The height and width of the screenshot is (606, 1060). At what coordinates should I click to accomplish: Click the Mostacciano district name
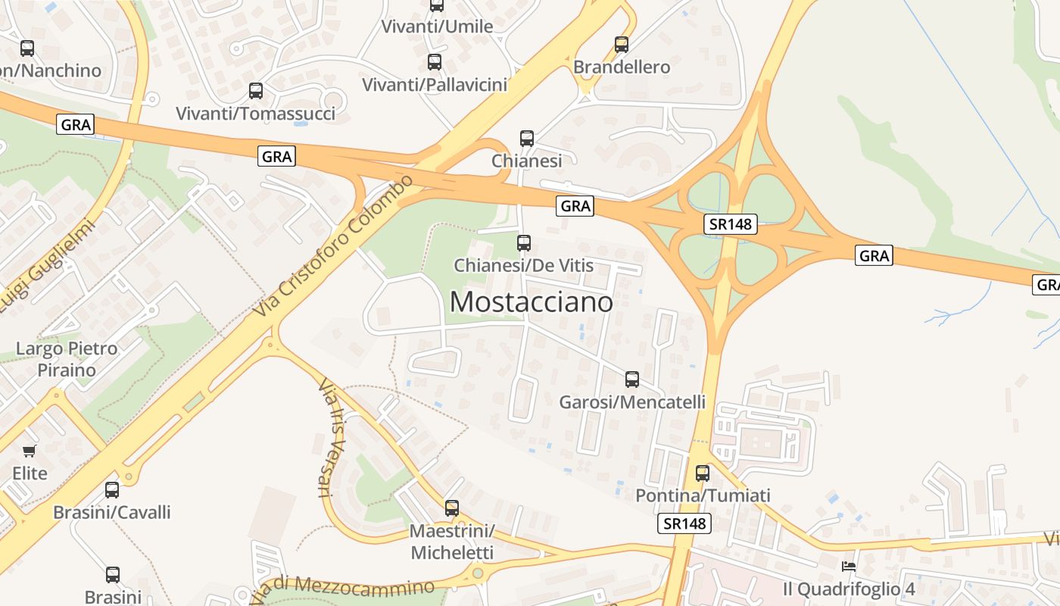point(531,301)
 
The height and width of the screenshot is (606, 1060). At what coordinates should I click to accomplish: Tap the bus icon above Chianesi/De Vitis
point(523,243)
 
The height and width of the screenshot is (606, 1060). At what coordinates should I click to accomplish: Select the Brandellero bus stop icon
point(622,45)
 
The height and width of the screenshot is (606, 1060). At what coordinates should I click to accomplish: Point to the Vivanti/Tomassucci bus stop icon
point(256,91)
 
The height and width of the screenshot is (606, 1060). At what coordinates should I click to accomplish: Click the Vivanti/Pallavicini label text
point(435,84)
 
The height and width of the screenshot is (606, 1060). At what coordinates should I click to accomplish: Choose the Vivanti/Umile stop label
point(437,27)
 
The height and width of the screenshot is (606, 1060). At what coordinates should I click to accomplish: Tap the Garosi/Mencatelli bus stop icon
point(631,379)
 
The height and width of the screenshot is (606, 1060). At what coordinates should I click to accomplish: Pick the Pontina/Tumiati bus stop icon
point(703,473)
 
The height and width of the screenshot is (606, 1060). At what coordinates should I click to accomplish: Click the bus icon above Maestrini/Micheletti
point(452,508)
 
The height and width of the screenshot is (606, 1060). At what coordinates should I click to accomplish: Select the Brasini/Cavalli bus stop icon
point(112,489)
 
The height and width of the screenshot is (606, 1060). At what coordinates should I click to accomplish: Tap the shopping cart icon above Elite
point(30,451)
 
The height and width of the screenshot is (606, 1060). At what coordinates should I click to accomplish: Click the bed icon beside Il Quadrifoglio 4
point(849,567)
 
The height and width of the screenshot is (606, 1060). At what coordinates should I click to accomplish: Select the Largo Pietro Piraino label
point(67,359)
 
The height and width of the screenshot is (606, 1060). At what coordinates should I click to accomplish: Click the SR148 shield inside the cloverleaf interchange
point(730,223)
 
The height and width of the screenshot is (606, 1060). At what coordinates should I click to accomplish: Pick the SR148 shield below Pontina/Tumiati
point(684,523)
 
